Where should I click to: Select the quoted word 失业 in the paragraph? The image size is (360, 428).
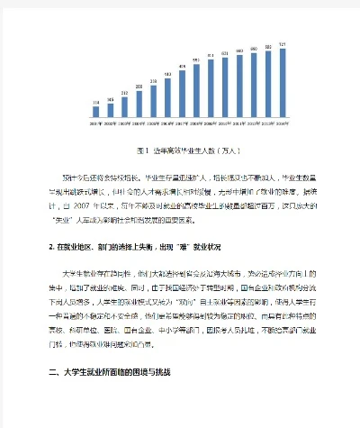[66, 218]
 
